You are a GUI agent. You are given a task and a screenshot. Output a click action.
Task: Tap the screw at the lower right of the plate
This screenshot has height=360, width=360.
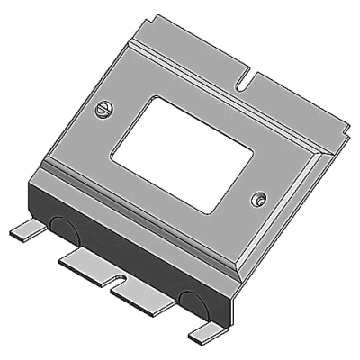coord(259,197)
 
